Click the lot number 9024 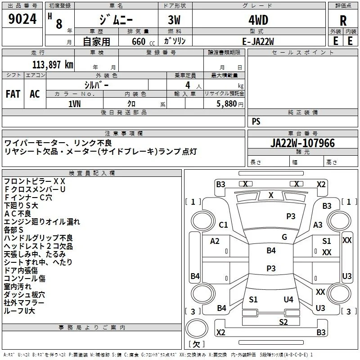coord(22,18)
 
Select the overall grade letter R coord(343,20)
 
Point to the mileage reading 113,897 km coord(53,64)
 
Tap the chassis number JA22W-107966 coord(302,143)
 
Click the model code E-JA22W coord(258,41)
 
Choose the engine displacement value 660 coord(139,41)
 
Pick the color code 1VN coord(74,104)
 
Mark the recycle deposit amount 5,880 coord(227,103)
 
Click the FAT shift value coord(13,94)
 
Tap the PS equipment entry coord(256,121)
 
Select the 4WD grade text coord(258,20)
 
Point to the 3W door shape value coord(174,20)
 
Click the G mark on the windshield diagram coord(284,237)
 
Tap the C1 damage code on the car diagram coord(223,225)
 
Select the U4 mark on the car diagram coord(288,299)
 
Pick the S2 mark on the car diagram coord(283,322)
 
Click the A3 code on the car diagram coord(318,225)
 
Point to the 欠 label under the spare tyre coord(197,344)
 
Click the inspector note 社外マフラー coord(24,303)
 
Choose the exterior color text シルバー coord(96,85)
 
